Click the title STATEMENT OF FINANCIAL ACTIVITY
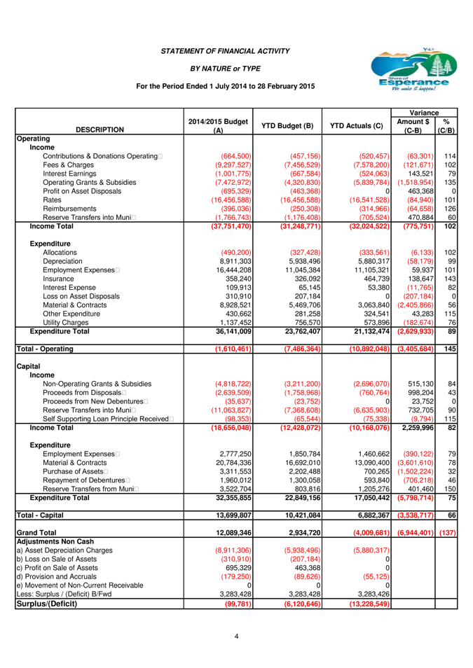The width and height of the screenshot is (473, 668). (x=225, y=51)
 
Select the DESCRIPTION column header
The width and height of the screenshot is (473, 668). (x=100, y=130)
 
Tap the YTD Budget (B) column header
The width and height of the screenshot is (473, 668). (x=287, y=126)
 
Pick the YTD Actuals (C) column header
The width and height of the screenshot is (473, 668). (x=357, y=126)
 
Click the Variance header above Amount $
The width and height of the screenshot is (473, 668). (x=424, y=113)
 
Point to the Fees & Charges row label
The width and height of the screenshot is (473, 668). (x=67, y=165)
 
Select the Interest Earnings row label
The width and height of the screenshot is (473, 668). (x=69, y=173)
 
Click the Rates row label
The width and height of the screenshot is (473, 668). (x=53, y=200)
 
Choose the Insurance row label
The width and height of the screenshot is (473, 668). (x=59, y=279)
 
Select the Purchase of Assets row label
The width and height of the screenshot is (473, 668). (x=74, y=471)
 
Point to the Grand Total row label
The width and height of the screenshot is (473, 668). (x=36, y=533)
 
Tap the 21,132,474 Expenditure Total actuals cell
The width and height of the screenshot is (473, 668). (x=360, y=331)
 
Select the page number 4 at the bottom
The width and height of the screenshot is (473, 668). (x=237, y=636)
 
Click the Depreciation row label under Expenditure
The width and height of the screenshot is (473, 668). (x=63, y=261)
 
